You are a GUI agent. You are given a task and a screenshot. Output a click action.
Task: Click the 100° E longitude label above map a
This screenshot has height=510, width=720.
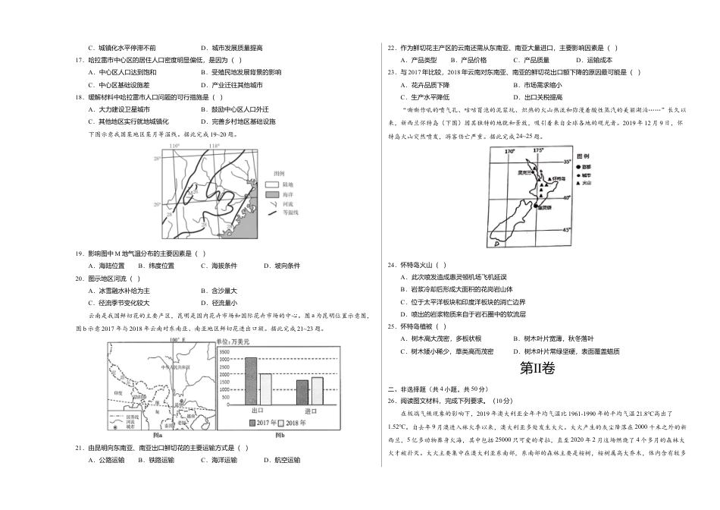(x=176, y=341)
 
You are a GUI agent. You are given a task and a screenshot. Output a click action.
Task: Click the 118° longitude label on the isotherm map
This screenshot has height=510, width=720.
(x=214, y=146)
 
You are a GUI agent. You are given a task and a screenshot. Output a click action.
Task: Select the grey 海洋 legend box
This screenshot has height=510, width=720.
(x=272, y=195)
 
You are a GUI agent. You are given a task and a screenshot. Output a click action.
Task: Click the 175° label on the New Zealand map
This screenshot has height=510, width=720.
(x=537, y=150)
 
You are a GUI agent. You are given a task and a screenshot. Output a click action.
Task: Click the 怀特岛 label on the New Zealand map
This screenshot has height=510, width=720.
(x=559, y=178)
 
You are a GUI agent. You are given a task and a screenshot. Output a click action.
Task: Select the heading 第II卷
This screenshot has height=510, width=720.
(x=537, y=369)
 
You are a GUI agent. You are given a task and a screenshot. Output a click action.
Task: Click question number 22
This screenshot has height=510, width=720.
(x=391, y=48)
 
